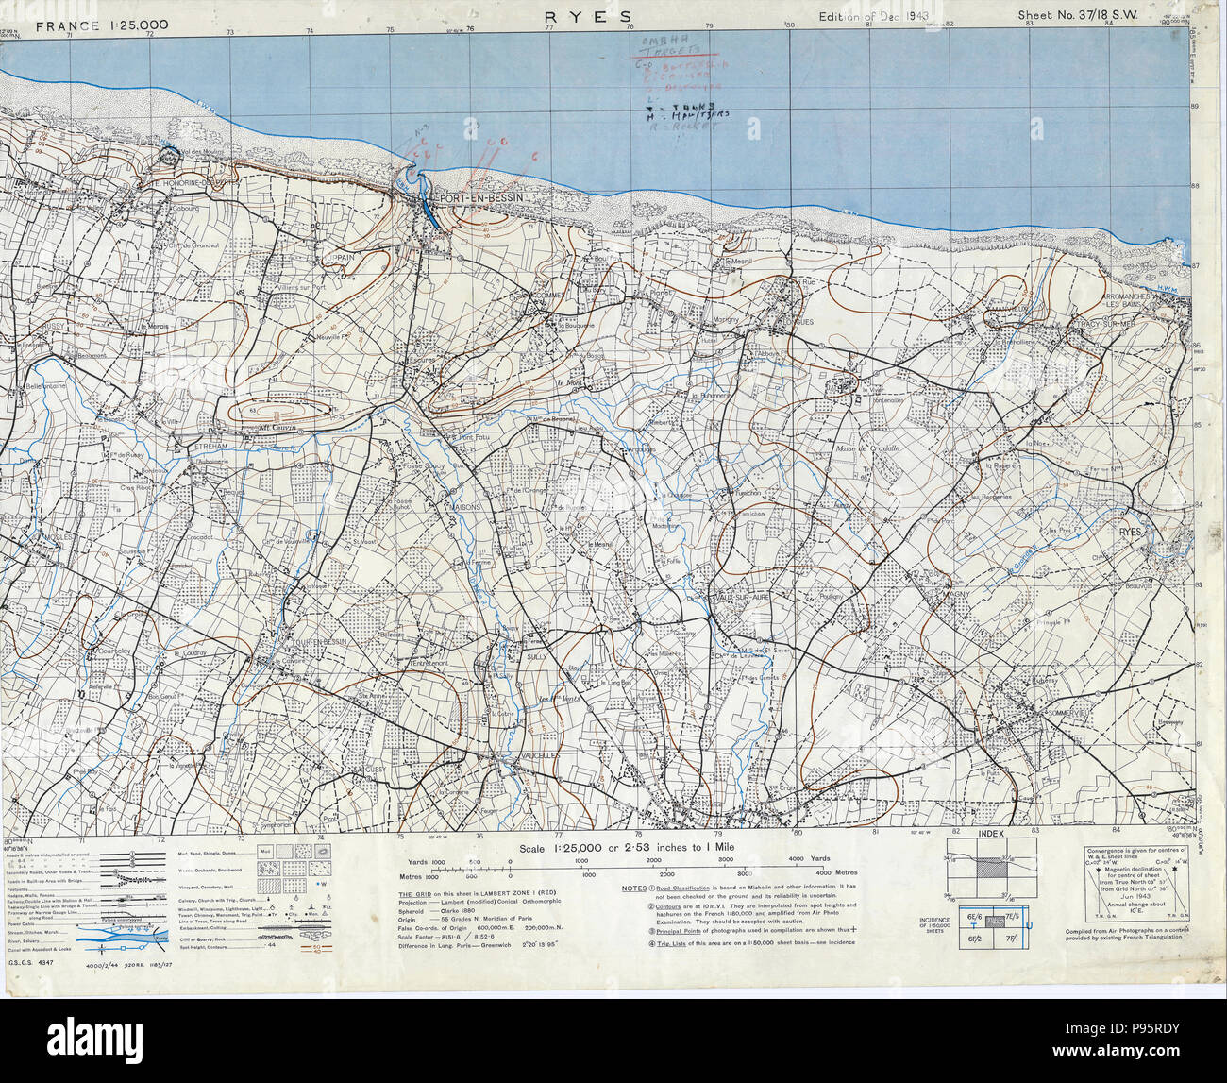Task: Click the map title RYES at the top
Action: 577,16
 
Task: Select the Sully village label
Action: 536,655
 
